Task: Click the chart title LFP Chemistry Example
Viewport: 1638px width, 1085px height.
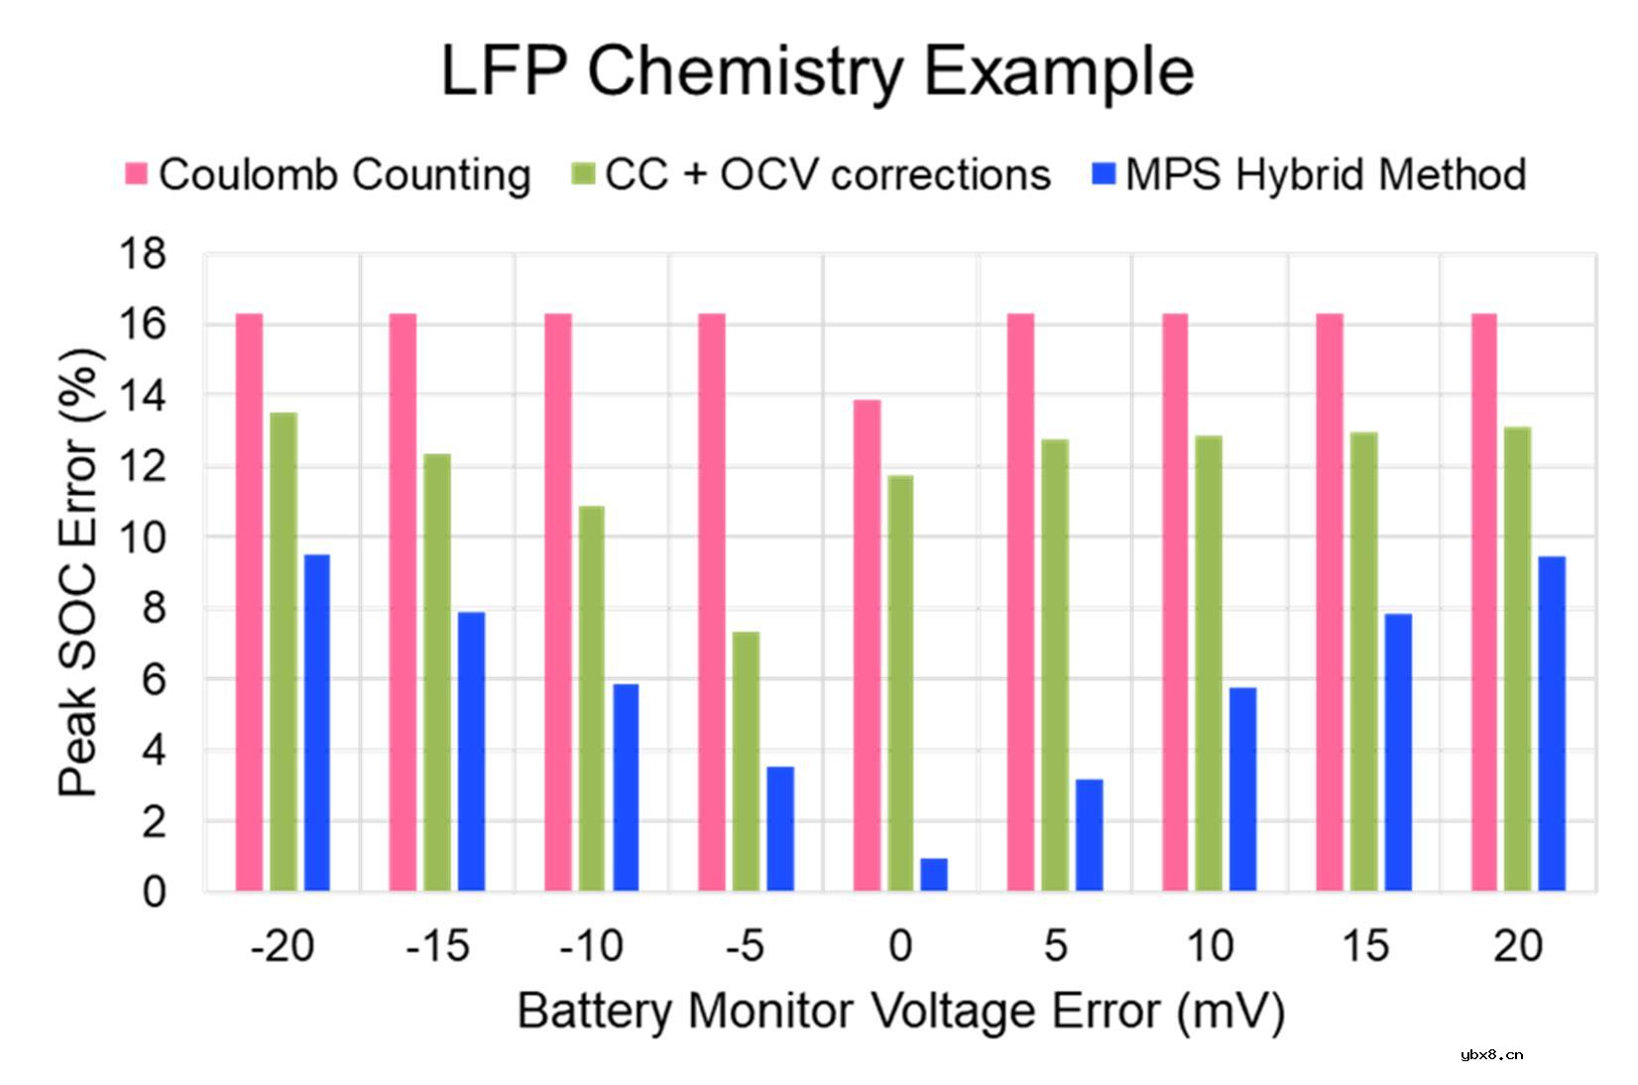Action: [x=817, y=71]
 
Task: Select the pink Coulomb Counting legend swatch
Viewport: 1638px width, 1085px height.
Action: [x=137, y=175]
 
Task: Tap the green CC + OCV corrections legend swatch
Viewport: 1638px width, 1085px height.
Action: [x=583, y=175]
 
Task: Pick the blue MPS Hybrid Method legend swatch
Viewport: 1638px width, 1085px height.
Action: [x=1103, y=175]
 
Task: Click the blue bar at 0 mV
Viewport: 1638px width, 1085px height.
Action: [x=933, y=875]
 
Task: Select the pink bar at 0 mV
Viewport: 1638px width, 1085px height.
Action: [x=867, y=645]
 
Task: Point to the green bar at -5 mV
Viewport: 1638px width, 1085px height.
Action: [x=746, y=761]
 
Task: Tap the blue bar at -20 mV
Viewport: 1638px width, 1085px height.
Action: [x=316, y=722]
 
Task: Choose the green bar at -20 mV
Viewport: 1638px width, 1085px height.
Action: [x=284, y=652]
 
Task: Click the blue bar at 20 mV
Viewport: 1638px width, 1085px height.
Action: [x=1551, y=723]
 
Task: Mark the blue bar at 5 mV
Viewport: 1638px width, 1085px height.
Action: [x=1089, y=834]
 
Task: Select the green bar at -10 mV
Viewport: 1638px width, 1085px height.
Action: [x=591, y=697]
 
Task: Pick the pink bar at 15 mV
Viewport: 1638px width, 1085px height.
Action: [x=1330, y=602]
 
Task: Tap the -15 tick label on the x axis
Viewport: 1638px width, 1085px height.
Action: [x=437, y=947]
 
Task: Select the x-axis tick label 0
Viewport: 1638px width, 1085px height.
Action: [x=899, y=947]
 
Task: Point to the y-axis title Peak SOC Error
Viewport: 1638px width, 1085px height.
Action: [x=78, y=573]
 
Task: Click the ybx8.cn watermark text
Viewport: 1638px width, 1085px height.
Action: [x=1492, y=1054]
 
